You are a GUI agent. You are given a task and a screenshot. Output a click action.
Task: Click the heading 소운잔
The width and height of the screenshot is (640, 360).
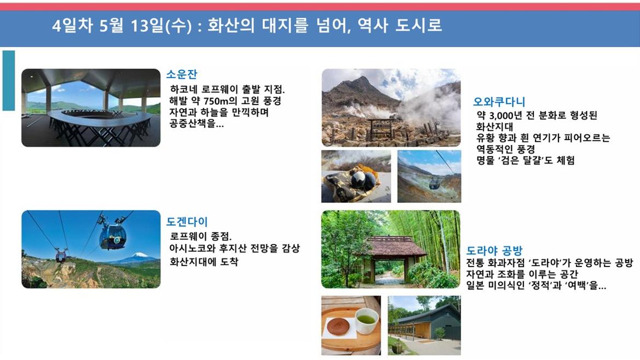[x=182, y=74]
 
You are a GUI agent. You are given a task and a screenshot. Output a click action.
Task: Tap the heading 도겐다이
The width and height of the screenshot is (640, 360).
[x=187, y=222]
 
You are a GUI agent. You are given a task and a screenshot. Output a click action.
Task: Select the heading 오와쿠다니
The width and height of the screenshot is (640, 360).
[x=499, y=101]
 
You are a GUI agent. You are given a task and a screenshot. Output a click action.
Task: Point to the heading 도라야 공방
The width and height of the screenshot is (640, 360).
[x=494, y=250]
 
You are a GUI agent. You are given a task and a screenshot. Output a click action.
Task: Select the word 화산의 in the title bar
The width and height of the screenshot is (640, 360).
[x=230, y=25]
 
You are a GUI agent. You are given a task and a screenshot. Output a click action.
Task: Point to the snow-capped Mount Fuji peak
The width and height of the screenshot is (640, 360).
[x=141, y=256]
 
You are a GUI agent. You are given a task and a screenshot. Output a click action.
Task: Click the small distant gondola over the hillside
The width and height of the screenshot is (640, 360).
[x=61, y=256]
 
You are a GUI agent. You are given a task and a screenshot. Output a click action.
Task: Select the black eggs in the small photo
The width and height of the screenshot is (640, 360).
[x=362, y=179]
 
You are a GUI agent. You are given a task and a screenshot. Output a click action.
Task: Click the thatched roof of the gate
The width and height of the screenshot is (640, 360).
[x=390, y=245]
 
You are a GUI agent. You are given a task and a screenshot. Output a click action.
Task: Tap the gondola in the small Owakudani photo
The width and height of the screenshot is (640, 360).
[x=434, y=184]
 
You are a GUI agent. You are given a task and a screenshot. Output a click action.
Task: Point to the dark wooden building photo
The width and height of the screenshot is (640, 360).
[x=424, y=326]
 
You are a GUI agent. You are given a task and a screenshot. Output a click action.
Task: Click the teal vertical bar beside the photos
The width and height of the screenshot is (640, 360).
[x=9, y=80]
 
